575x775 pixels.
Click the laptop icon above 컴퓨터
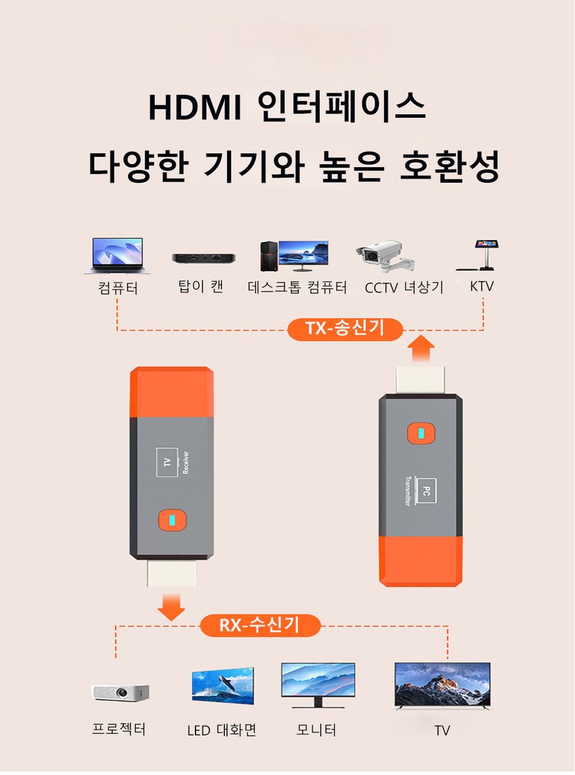(118, 256)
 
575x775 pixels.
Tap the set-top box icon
(203, 258)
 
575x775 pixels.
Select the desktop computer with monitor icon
(294, 256)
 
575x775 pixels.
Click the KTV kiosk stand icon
(478, 255)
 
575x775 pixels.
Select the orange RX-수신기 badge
(260, 625)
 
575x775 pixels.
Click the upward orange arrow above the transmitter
(421, 348)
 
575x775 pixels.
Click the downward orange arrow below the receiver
(171, 607)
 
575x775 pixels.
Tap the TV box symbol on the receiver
(167, 463)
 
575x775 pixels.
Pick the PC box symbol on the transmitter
(425, 491)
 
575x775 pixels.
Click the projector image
(120, 692)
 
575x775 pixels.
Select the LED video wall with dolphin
(223, 686)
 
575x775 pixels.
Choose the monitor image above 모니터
(318, 685)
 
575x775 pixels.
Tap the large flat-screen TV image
(442, 686)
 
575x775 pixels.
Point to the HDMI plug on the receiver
(172, 573)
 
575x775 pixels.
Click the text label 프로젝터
(119, 729)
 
